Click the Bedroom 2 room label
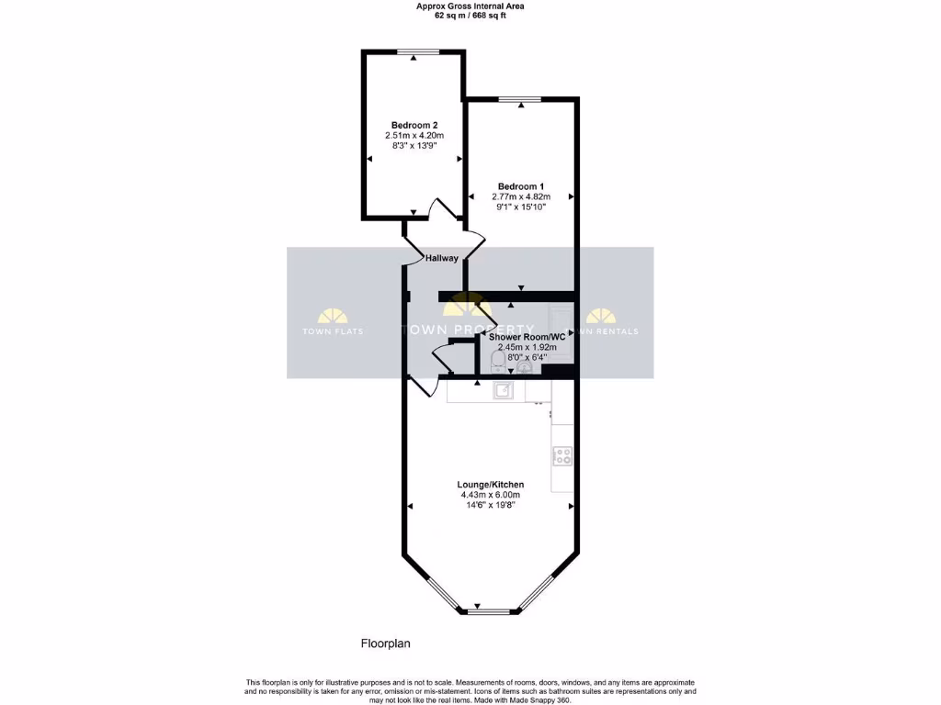click(x=414, y=125)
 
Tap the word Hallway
click(x=441, y=259)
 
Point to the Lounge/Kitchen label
click(x=491, y=485)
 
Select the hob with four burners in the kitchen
click(x=561, y=454)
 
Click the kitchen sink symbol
click(x=503, y=392)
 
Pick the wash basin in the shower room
click(x=525, y=366)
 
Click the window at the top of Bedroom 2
click(x=414, y=51)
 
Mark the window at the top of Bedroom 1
click(x=521, y=98)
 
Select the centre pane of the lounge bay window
click(x=490, y=610)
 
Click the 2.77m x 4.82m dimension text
click(x=521, y=196)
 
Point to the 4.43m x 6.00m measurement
click(x=491, y=496)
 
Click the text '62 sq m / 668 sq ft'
click(x=470, y=16)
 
